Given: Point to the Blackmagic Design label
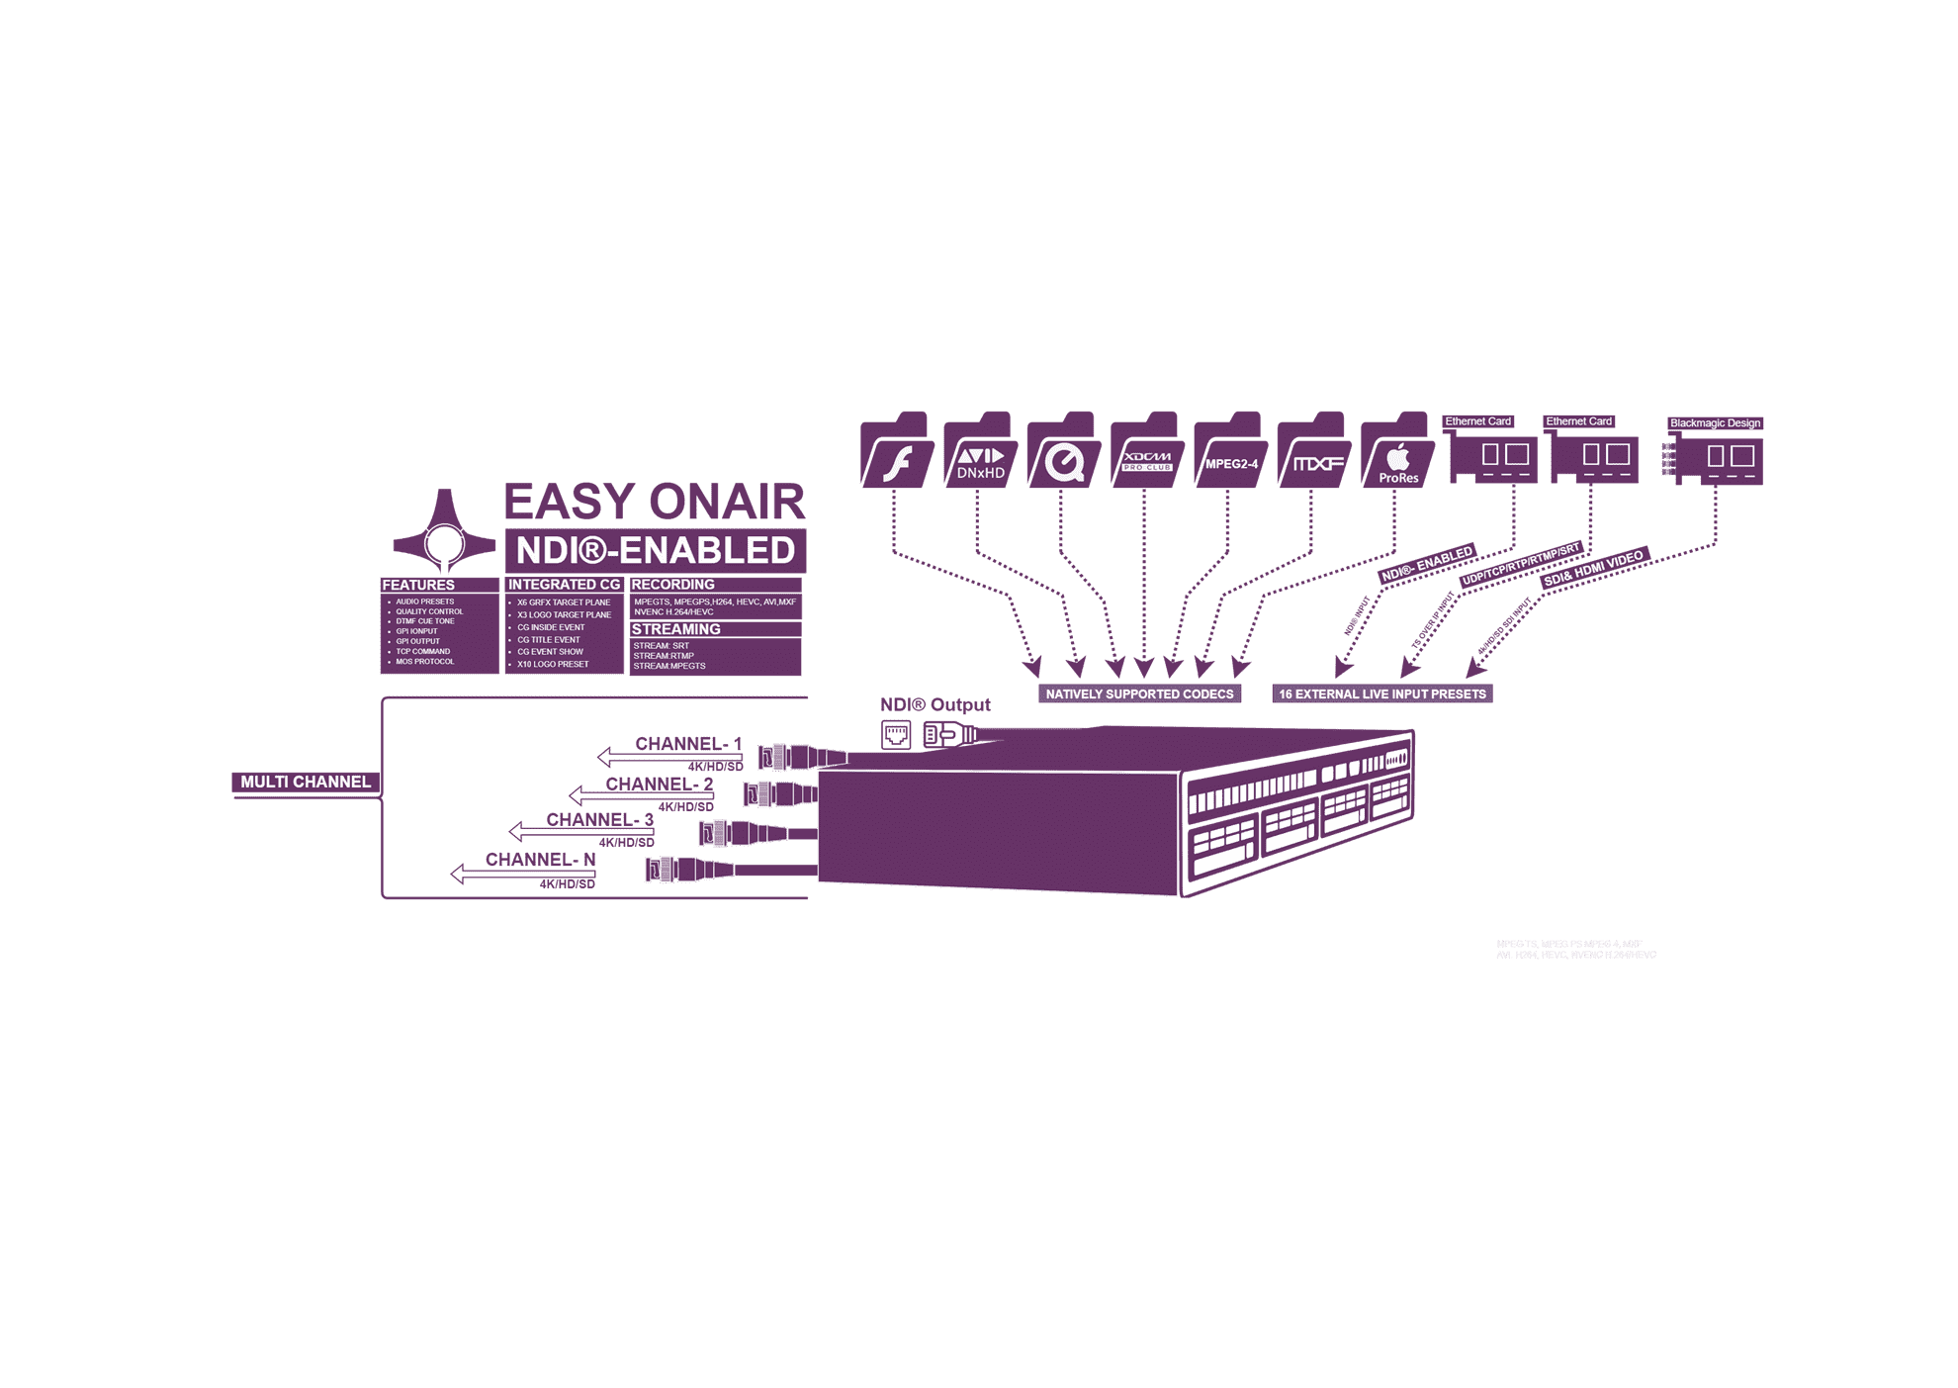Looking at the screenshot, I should [1715, 423].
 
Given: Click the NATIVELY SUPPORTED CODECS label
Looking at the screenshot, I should [1139, 694].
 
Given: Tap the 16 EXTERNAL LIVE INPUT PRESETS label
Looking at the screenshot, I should [1381, 694].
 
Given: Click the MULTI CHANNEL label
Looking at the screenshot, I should [306, 782].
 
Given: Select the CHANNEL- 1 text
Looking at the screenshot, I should [688, 744].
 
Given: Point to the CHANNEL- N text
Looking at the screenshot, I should [540, 860].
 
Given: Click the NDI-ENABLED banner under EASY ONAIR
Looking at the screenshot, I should [655, 551].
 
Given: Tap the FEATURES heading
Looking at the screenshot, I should [418, 585].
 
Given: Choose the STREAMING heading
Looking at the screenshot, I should [675, 629].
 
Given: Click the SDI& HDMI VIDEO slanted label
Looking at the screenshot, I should [1593, 568].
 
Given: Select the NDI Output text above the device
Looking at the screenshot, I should [934, 704].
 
